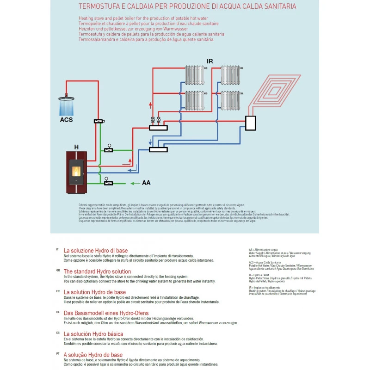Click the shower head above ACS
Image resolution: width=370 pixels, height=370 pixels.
(67, 98)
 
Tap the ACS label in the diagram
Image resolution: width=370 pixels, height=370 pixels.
(66, 120)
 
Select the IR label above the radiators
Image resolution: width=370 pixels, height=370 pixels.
(210, 61)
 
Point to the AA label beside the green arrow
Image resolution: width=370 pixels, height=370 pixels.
(146, 183)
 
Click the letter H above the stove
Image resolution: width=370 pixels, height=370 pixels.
(76, 147)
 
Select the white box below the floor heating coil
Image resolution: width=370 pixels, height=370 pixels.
(250, 123)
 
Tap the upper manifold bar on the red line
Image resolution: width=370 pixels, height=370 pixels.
(158, 128)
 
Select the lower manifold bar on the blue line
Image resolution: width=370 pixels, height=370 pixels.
(158, 149)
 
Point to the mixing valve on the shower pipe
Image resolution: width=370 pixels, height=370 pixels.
(99, 121)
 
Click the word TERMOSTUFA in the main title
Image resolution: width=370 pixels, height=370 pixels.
(100, 7)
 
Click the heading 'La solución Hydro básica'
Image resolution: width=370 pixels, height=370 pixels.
(93, 333)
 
